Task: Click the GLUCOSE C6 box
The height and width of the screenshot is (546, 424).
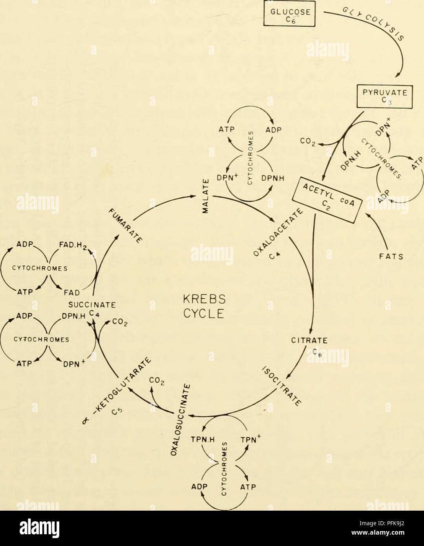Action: coord(289,14)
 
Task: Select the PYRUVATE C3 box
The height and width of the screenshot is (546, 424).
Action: coord(385,96)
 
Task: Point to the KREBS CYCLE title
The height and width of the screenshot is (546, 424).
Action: coord(208,306)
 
